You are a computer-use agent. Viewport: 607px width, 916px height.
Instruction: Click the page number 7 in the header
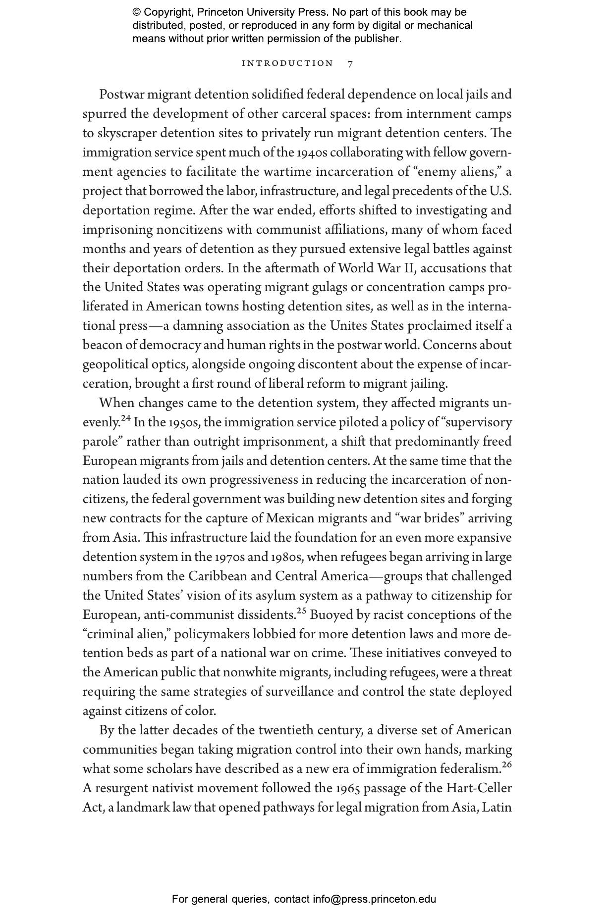click(350, 64)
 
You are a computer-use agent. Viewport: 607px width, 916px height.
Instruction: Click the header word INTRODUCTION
click(287, 63)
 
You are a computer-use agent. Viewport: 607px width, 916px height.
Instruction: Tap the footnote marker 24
click(126, 418)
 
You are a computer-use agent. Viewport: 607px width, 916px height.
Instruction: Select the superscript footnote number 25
click(302, 611)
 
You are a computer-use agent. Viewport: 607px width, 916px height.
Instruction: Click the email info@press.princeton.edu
click(374, 899)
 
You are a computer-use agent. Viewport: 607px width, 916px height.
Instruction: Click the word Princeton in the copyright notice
click(219, 12)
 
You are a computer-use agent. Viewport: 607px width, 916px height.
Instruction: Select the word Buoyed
click(328, 615)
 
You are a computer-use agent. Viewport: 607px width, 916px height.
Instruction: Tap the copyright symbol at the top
click(137, 12)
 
